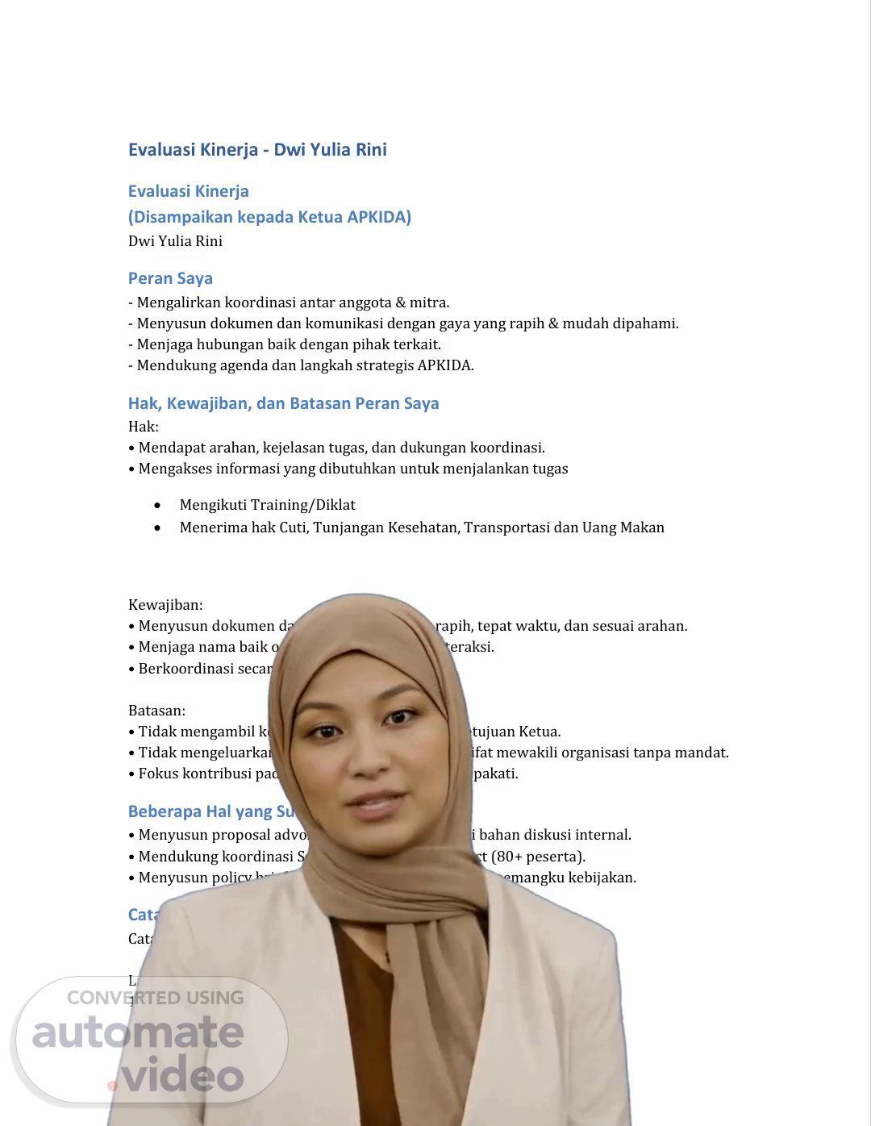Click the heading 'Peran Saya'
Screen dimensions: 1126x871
pos(170,278)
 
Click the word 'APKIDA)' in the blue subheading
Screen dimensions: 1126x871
pos(379,217)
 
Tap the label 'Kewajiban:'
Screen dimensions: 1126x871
pos(165,605)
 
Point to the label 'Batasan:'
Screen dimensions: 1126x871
pos(156,711)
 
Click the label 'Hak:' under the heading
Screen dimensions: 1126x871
pos(144,427)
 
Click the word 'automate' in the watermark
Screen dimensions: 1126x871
pos(137,1032)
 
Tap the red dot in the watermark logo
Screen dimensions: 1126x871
pos(112,1086)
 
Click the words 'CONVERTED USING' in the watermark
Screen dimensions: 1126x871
pos(155,998)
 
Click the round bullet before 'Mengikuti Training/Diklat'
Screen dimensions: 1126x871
pos(157,505)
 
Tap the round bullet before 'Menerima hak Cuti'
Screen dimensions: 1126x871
pos(157,528)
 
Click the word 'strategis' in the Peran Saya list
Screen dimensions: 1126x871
pos(381,365)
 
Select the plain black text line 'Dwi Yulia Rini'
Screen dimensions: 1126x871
pos(175,241)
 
